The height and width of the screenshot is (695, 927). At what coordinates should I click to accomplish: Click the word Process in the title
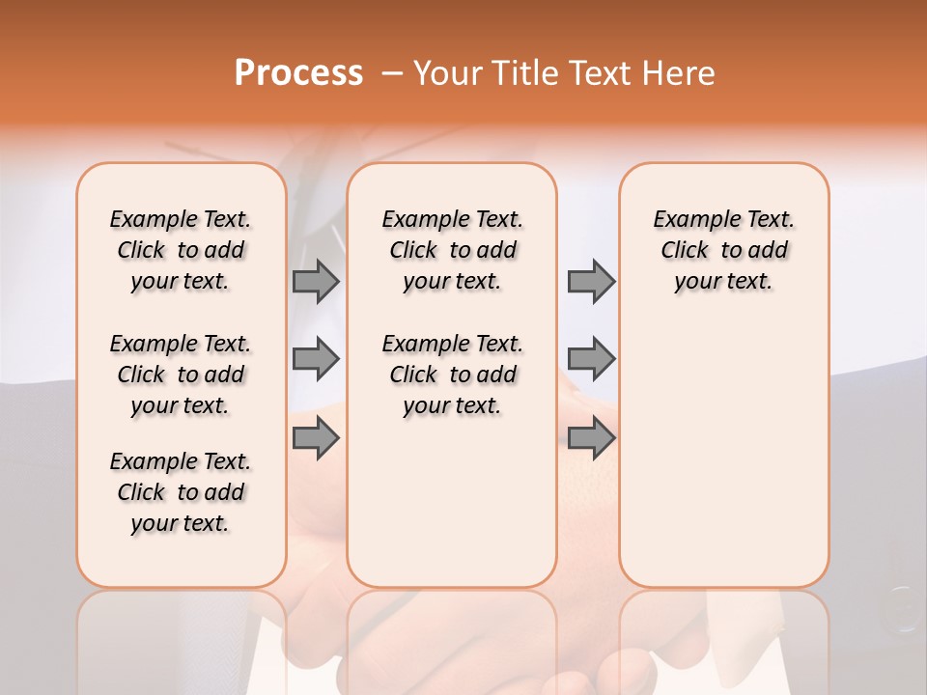pos(298,73)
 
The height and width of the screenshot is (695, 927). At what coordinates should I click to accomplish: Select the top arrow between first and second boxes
pos(316,281)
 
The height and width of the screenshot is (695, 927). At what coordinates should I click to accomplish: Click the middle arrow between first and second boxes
pos(316,359)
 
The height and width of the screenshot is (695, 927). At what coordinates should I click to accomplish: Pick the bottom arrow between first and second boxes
pos(316,438)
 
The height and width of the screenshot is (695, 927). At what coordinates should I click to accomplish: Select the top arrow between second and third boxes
pos(591,281)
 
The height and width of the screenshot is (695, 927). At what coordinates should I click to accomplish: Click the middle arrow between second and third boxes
pos(591,359)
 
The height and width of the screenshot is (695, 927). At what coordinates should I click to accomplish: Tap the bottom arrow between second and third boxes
pos(591,438)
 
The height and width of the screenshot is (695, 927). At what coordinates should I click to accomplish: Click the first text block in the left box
pos(181,250)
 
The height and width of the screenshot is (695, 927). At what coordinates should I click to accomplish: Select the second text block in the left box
pos(181,375)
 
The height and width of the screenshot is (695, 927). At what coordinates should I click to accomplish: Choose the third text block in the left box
pos(181,492)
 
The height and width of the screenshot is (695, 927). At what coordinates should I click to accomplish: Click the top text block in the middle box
pos(452,250)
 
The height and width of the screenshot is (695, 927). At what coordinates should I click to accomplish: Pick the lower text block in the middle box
pos(452,375)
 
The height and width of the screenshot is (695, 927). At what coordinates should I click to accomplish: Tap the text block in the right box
pos(723,250)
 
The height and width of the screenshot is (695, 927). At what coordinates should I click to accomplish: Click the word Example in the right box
pos(690,219)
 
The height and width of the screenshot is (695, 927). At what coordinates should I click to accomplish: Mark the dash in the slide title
pos(392,73)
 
